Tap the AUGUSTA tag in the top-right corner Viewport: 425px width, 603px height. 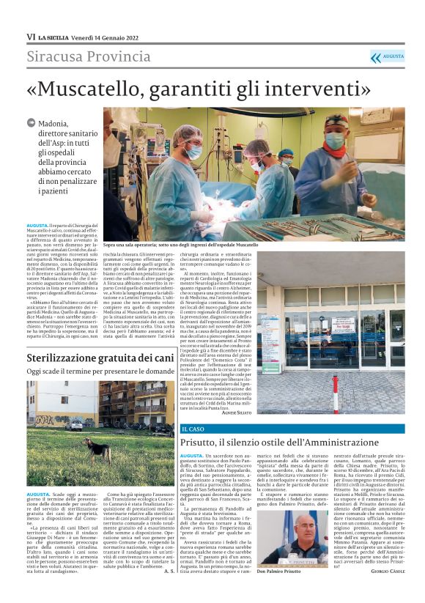coord(393,56)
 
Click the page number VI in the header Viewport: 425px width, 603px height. coord(31,36)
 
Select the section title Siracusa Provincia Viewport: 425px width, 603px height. coord(89,56)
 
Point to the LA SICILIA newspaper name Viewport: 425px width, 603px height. coord(56,36)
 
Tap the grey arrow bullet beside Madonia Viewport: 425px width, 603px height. coord(31,124)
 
